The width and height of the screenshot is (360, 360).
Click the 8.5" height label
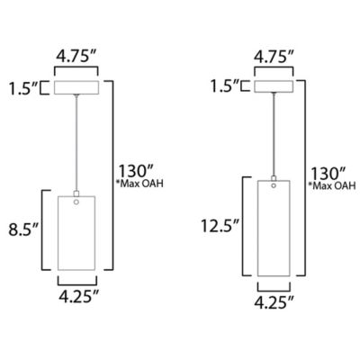pyautogui.click(x=24, y=229)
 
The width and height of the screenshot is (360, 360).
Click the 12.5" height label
pyautogui.click(x=220, y=226)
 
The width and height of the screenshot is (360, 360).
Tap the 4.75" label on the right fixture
pyautogui.click(x=274, y=58)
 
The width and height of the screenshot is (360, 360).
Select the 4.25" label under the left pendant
pyautogui.click(x=78, y=297)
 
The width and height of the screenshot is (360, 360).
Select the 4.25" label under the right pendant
pyautogui.click(x=274, y=301)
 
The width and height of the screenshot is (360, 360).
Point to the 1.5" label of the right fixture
pyautogui.click(x=224, y=86)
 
